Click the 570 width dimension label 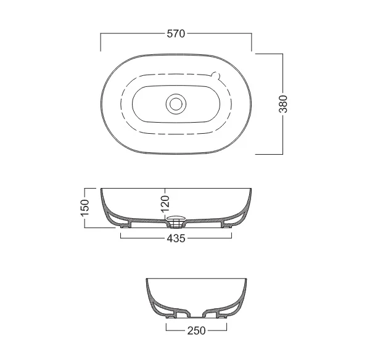tap(176, 34)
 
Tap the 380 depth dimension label tap(283, 104)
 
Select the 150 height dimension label tap(85, 208)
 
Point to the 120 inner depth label tap(165, 204)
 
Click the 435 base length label tap(176, 239)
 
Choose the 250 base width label tap(196, 331)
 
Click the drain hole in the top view tap(176, 104)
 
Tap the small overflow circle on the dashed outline tap(215, 75)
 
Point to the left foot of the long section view tap(125, 226)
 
